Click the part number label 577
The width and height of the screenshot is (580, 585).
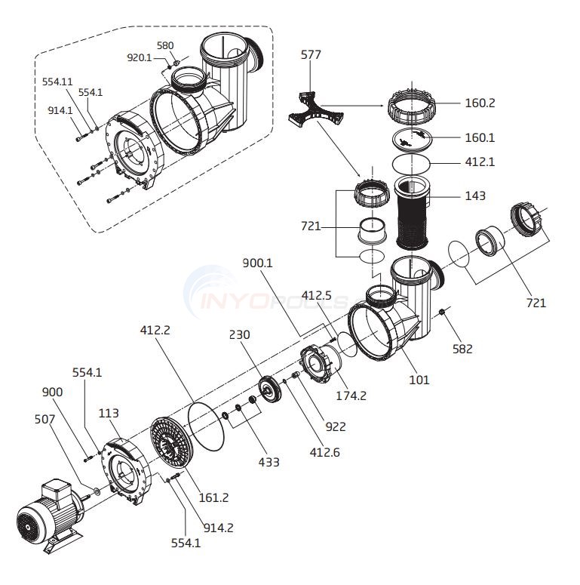pyautogui.click(x=311, y=55)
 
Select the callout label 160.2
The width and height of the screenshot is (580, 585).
pyautogui.click(x=480, y=103)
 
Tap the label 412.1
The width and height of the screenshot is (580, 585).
pyautogui.click(x=480, y=162)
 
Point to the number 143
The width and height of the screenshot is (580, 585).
pyautogui.click(x=475, y=196)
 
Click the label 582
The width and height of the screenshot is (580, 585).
pyautogui.click(x=462, y=349)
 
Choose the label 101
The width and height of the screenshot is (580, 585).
pyautogui.click(x=419, y=380)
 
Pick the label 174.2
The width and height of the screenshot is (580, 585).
pyautogui.click(x=351, y=396)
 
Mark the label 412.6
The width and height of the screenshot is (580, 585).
pyautogui.click(x=324, y=452)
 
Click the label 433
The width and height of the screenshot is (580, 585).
pyautogui.click(x=269, y=462)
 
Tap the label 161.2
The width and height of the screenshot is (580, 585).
pyautogui.click(x=213, y=497)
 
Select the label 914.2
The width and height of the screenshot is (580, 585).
pyautogui.click(x=219, y=528)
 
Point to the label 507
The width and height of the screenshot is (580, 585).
pyautogui.click(x=44, y=419)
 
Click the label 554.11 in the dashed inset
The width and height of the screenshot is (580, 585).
pyautogui.click(x=57, y=82)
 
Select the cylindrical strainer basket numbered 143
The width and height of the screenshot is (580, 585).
pyautogui.click(x=412, y=213)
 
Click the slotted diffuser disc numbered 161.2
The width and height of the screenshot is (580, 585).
pyautogui.click(x=172, y=442)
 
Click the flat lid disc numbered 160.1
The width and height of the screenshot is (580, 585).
pyautogui.click(x=412, y=138)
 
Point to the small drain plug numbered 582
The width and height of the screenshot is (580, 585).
pyautogui.click(x=441, y=312)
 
